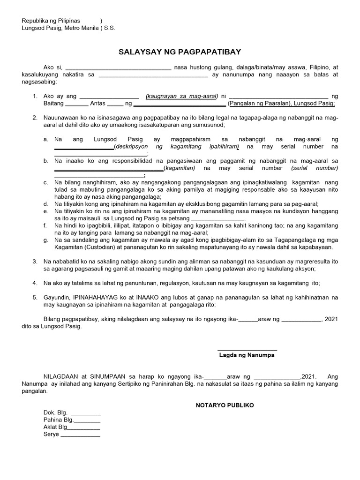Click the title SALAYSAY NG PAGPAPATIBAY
[180, 52]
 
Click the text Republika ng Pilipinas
[52, 21]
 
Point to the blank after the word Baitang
[73, 104]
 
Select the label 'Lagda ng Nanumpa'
[247, 355]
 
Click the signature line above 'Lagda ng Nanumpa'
[247, 349]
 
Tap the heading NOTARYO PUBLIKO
[225, 405]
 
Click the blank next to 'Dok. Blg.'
[85, 413]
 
